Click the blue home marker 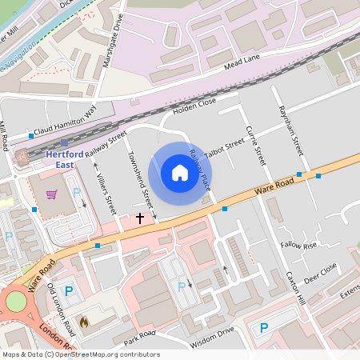click(x=180, y=173)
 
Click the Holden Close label click(x=194, y=103)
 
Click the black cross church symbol click(x=140, y=218)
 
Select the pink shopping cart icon click(x=52, y=194)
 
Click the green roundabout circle click(x=16, y=302)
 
